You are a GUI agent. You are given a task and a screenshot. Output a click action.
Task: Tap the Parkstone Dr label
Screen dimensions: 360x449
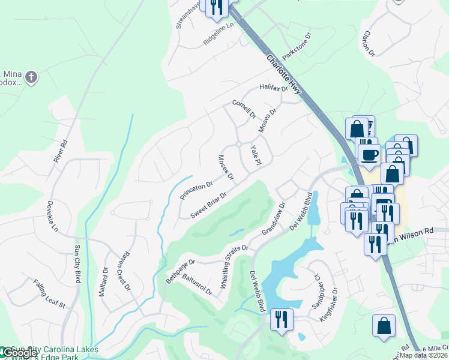(x=298, y=45)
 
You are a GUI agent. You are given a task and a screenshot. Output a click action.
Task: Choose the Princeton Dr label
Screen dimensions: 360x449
(x=196, y=191)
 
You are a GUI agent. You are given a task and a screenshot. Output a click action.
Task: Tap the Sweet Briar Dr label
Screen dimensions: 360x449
(x=208, y=205)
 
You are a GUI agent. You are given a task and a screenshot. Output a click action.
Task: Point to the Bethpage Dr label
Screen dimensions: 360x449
(x=181, y=272)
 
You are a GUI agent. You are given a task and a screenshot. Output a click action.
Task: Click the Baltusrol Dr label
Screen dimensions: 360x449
(x=197, y=284)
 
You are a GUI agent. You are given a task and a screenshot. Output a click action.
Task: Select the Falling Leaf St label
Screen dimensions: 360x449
(x=49, y=293)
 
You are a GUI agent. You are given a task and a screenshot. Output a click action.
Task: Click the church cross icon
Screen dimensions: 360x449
(x=31, y=77)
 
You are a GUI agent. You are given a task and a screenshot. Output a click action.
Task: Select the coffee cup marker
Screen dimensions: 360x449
(x=369, y=154)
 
